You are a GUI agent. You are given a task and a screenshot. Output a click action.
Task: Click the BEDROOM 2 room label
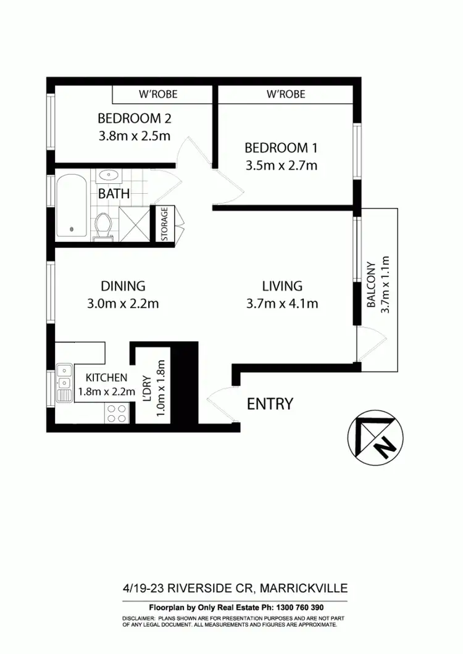[134, 118]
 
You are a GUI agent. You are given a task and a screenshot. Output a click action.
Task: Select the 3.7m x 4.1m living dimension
[282, 303]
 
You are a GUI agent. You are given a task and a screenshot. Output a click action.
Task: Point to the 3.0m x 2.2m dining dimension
[123, 303]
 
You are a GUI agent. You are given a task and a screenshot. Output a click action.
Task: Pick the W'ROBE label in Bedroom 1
[285, 94]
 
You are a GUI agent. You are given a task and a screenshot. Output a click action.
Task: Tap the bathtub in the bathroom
[73, 205]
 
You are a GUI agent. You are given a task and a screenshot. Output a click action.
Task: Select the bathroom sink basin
[109, 175]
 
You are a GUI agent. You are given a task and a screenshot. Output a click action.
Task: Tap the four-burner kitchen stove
[115, 413]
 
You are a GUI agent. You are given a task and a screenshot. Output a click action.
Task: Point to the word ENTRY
[270, 404]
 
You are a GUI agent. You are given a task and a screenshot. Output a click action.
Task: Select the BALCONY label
[372, 285]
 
